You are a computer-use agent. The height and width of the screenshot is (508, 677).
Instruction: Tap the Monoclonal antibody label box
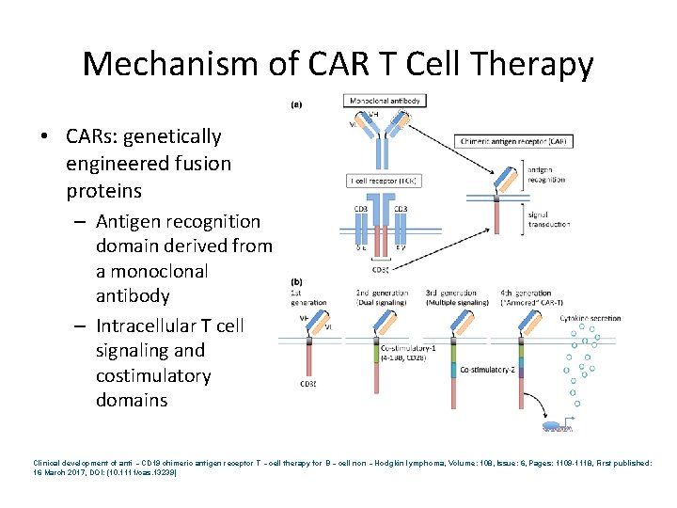pos(386,101)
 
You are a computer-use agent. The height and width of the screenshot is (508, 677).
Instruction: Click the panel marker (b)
pos(297,281)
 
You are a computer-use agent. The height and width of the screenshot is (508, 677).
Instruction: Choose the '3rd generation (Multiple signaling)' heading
pos(456,297)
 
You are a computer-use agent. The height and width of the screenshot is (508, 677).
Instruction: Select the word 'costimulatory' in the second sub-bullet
pos(153,375)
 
